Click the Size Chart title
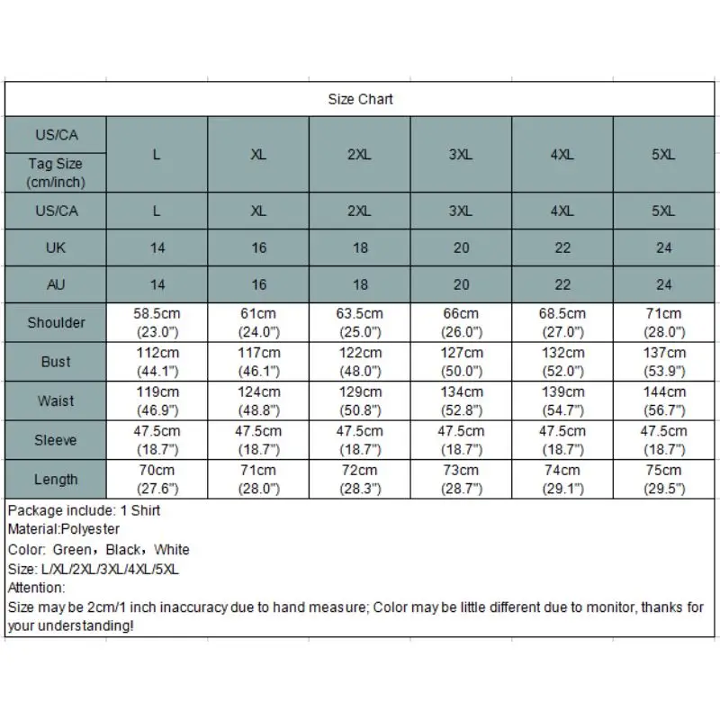tap(360, 99)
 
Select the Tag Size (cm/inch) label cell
tap(56, 173)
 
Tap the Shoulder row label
tap(56, 322)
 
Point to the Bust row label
tap(56, 362)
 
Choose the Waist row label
tap(56, 400)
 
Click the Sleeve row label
tap(56, 440)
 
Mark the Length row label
tap(56, 479)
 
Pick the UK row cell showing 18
tap(360, 247)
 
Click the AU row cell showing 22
tap(562, 284)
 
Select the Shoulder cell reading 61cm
tap(258, 322)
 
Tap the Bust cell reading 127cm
tap(461, 362)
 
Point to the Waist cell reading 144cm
tap(664, 400)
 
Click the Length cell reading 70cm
tap(157, 479)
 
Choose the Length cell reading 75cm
tap(664, 479)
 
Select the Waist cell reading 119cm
tap(157, 400)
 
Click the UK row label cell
tap(56, 247)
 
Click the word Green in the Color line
tap(71, 549)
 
